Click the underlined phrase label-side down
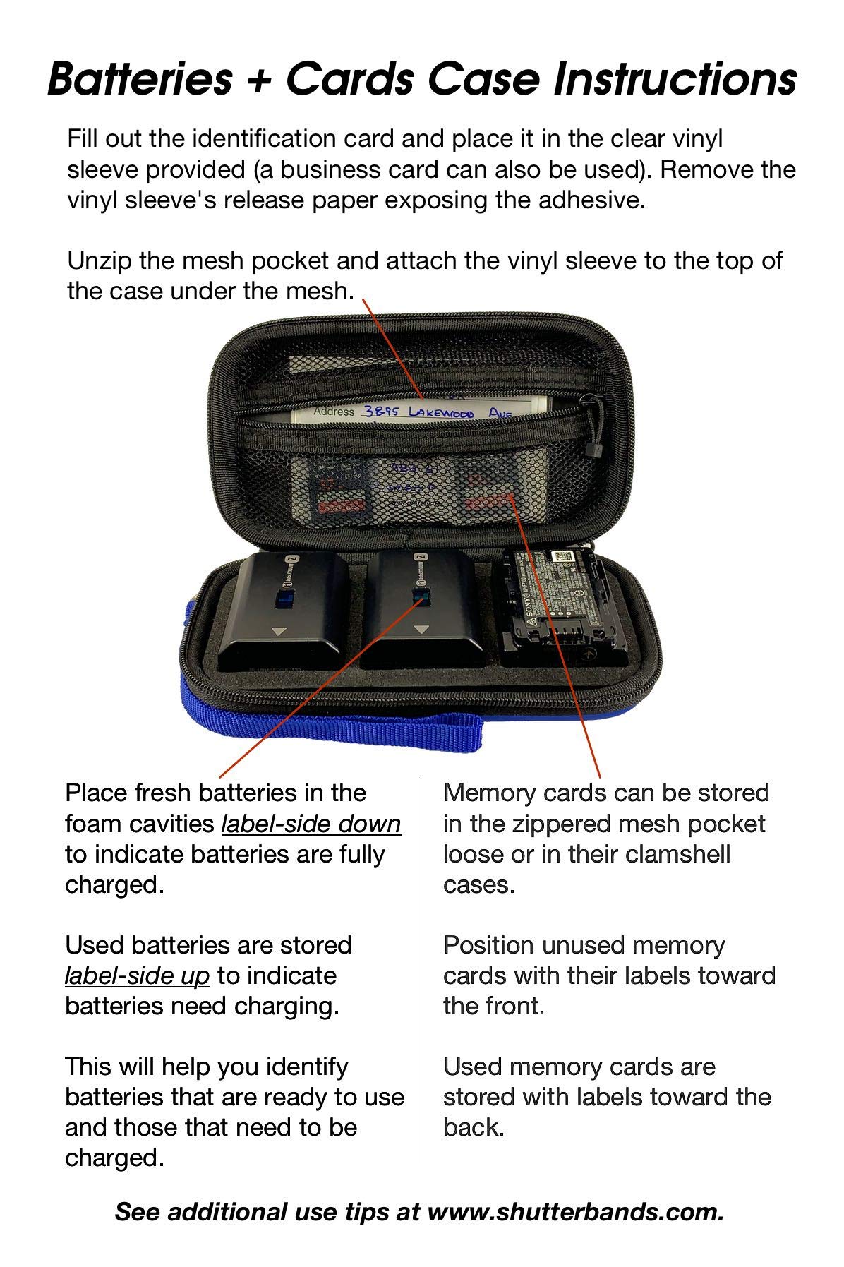click(x=311, y=824)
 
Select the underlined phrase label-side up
click(x=137, y=975)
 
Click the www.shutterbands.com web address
click(x=575, y=1212)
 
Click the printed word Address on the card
click(x=334, y=411)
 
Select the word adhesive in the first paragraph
click(x=591, y=200)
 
